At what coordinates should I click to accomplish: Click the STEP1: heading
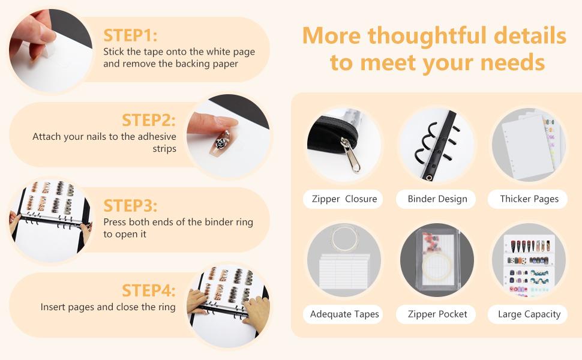point(130,35)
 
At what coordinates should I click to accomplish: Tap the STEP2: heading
point(148,120)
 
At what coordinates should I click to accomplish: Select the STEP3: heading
point(130,206)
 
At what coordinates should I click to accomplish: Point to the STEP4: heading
point(148,290)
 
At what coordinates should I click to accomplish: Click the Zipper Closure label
point(344,199)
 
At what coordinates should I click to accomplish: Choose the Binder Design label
point(437,199)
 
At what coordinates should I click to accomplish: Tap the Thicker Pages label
point(529,199)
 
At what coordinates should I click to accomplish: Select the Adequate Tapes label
point(344,314)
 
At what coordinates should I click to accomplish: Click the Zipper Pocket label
point(437,314)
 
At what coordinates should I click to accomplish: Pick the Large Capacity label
point(529,314)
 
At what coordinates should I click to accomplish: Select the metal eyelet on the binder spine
point(429,178)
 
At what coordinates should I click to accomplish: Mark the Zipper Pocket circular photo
point(437,260)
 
